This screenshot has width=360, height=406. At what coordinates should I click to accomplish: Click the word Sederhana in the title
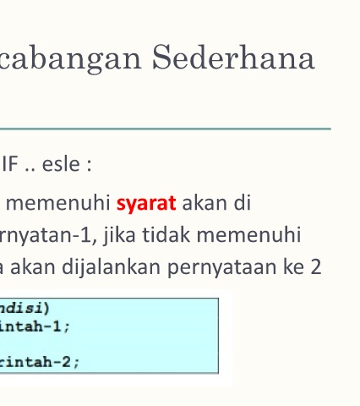(x=233, y=58)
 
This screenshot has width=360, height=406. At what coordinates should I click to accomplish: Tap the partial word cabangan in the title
(x=70, y=59)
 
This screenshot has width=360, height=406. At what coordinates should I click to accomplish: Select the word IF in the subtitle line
(x=10, y=164)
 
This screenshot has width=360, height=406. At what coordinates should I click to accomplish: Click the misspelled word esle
(x=61, y=164)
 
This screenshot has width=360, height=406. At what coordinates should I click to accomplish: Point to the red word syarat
(x=146, y=204)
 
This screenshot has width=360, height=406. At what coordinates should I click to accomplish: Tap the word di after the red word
(x=243, y=203)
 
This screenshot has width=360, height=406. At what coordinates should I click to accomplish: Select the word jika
(x=120, y=235)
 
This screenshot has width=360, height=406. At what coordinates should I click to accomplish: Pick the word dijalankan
(x=112, y=267)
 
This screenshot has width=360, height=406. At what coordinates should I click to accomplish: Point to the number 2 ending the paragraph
(x=316, y=267)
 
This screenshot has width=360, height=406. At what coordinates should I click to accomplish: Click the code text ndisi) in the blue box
(x=25, y=308)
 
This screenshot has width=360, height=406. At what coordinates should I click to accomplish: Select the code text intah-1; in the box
(x=35, y=326)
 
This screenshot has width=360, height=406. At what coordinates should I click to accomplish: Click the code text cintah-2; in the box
(x=40, y=362)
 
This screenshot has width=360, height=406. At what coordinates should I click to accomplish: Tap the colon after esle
(x=90, y=165)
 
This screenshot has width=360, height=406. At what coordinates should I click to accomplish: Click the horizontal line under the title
(x=166, y=129)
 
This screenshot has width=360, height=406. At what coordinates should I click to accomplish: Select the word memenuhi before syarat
(x=58, y=203)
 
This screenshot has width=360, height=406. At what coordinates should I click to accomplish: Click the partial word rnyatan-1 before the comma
(x=46, y=235)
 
